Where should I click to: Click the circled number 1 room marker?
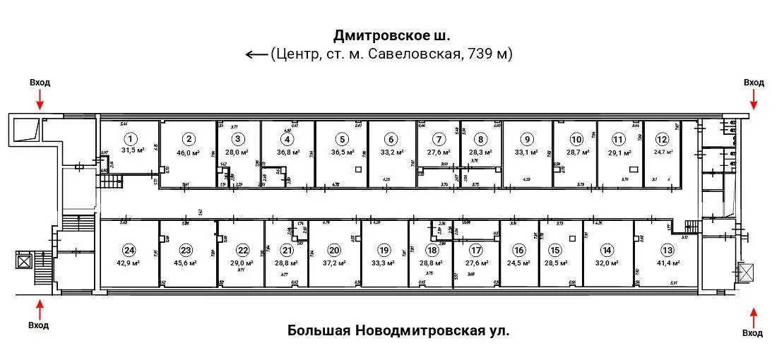pyautogui.click(x=129, y=138)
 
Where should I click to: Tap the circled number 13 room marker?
pyautogui.click(x=667, y=249)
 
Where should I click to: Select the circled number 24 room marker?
pyautogui.click(x=129, y=249)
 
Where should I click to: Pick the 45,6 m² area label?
pyautogui.click(x=186, y=263)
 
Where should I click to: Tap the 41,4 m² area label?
pyautogui.click(x=667, y=263)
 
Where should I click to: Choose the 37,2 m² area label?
pyautogui.click(x=334, y=263)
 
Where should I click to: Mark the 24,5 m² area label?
pyautogui.click(x=520, y=263)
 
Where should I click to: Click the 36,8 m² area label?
pyautogui.click(x=287, y=152)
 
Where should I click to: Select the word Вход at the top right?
pyautogui.click(x=754, y=83)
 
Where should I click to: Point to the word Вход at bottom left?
pyautogui.click(x=40, y=325)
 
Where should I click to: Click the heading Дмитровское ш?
pyautogui.click(x=391, y=35)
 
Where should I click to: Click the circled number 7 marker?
pyautogui.click(x=439, y=139)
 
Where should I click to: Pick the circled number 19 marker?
pyautogui.click(x=384, y=249)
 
